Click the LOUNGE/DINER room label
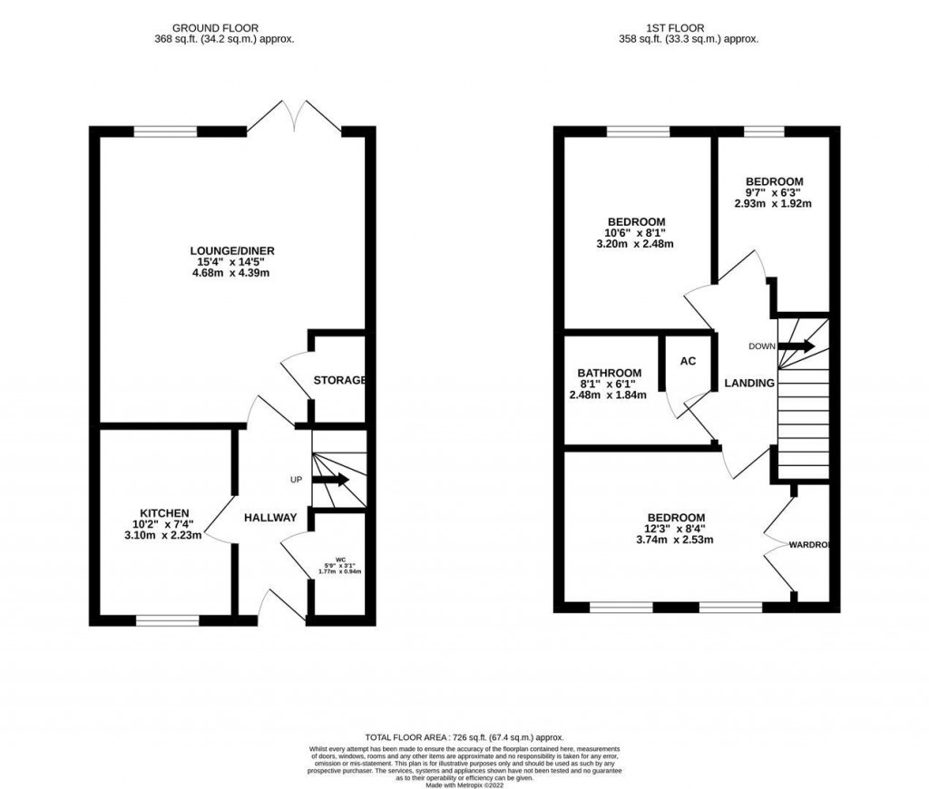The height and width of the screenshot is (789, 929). pos(232,250)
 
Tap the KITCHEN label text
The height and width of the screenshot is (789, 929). pos(164,512)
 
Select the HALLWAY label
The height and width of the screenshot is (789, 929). pos(269,517)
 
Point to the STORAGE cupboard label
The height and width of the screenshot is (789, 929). pos(339,380)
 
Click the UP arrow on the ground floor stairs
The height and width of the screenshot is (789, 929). pos(332,480)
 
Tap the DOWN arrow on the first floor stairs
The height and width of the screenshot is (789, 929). pos(797,346)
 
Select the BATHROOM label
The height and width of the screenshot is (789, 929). pos(610,373)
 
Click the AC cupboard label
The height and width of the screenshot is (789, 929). pos(688,361)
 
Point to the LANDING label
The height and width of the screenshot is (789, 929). pos(748,384)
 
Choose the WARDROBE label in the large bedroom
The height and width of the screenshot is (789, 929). pos(809,545)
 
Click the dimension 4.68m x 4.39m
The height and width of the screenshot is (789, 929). pos(232,274)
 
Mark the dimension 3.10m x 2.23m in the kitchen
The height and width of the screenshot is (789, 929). pos(164,536)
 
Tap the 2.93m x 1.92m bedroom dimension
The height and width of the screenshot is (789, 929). pos(773,204)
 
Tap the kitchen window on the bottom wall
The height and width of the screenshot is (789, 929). pos(168,621)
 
